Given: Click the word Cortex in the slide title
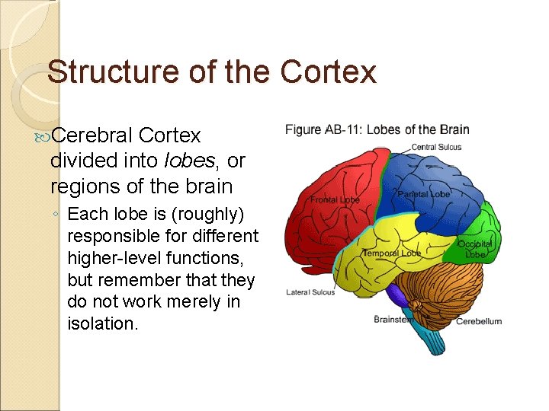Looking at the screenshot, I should (x=329, y=72).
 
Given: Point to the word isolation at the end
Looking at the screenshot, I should (x=102, y=323).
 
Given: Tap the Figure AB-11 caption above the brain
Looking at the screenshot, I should (x=377, y=129).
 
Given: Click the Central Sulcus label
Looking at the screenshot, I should (x=436, y=147).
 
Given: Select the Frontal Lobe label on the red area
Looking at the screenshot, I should (x=335, y=200).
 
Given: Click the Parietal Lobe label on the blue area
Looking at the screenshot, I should (x=423, y=195).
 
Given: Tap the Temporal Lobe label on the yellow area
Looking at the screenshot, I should (x=391, y=253).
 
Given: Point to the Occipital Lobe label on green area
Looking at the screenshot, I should (x=475, y=249).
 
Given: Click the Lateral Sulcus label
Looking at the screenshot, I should (x=310, y=292).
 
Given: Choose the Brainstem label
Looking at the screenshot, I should (x=393, y=320).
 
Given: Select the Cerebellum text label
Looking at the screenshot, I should (x=479, y=321).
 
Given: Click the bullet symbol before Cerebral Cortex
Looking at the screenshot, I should (x=43, y=136).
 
